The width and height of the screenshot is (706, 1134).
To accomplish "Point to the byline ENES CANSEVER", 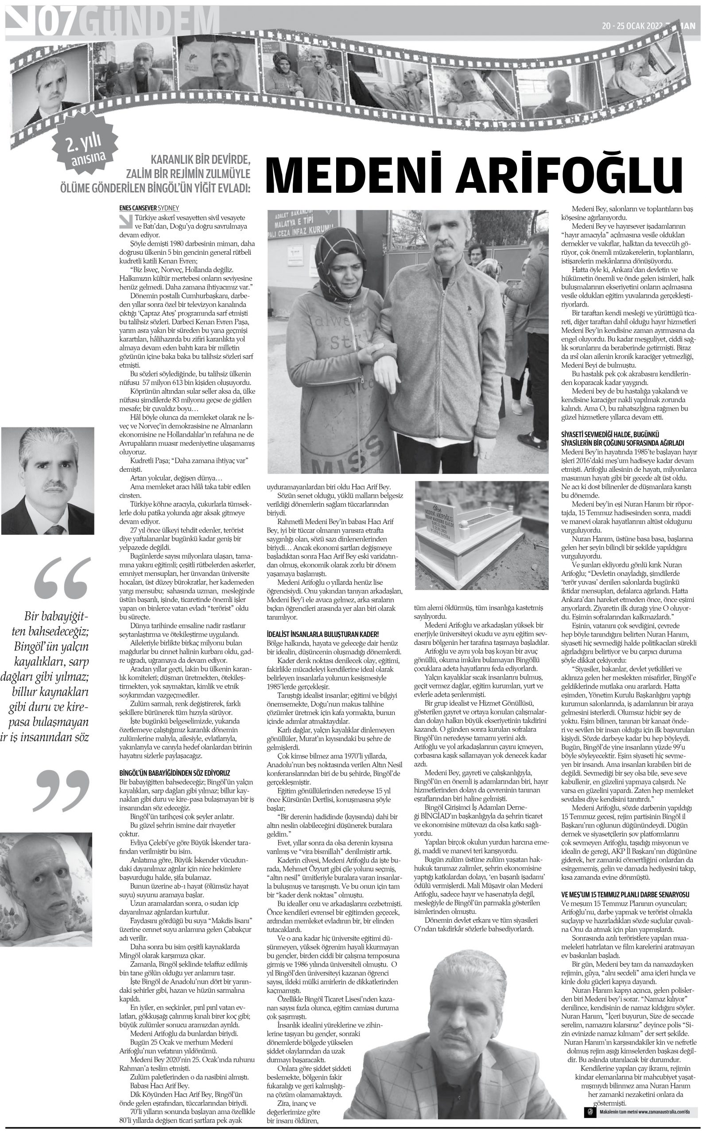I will coord(138,208).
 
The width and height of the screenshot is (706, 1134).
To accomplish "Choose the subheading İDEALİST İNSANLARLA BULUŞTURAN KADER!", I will coord(322,634).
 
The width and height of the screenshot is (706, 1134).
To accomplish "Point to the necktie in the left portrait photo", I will coord(55,530).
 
